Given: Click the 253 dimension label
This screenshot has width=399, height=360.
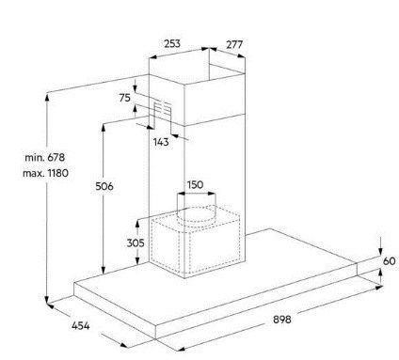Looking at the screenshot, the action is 172,43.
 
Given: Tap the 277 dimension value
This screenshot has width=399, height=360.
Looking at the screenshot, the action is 234,44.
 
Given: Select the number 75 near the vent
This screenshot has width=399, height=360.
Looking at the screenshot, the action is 124,98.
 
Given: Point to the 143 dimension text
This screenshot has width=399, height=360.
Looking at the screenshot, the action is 161,142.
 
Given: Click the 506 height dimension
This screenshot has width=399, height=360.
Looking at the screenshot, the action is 104,186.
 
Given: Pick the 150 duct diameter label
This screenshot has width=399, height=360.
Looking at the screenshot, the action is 195,184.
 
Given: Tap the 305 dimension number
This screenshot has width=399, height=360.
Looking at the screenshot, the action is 136,243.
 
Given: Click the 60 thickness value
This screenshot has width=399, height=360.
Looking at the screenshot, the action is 389,260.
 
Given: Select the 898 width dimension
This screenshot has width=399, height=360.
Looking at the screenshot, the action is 282,320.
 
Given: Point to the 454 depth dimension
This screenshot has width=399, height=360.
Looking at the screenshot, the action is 81,326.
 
